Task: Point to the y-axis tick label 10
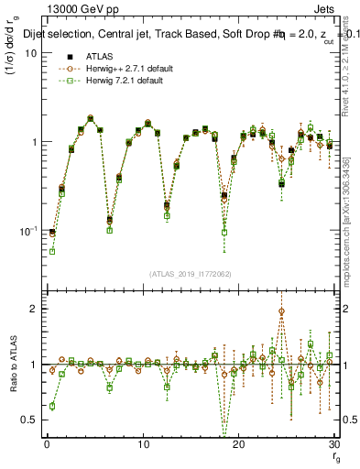[30, 52]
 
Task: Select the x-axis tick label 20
[239, 444]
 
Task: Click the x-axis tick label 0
[47, 444]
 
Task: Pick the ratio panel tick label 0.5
[28, 420]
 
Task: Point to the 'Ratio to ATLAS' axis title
[12, 366]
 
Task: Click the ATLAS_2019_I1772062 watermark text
[191, 273]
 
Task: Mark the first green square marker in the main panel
[52, 250]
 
